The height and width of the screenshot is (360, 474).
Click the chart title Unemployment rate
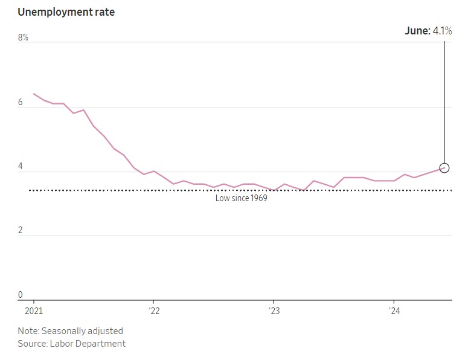tap(66, 12)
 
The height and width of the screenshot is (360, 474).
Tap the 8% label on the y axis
tap(23, 37)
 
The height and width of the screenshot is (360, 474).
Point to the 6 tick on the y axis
tap(20, 103)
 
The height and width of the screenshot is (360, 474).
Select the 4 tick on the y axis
tap(20, 167)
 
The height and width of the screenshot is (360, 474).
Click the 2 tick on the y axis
tap(20, 231)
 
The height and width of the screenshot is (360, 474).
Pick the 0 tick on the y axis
tap(20, 295)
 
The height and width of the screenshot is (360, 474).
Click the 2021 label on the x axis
tap(33, 310)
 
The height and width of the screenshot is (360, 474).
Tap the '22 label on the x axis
tap(153, 310)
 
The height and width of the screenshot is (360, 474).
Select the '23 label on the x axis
tap(274, 310)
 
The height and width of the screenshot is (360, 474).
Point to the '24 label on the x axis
tap(394, 310)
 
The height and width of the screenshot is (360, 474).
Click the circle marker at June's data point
tap(444, 168)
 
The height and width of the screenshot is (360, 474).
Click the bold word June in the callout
tap(417, 30)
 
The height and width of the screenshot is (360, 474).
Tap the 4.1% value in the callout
tap(442, 30)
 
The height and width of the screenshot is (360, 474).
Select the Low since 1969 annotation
tap(241, 198)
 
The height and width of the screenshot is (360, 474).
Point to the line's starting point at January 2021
tap(34, 94)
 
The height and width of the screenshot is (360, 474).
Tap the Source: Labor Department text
tap(71, 344)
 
